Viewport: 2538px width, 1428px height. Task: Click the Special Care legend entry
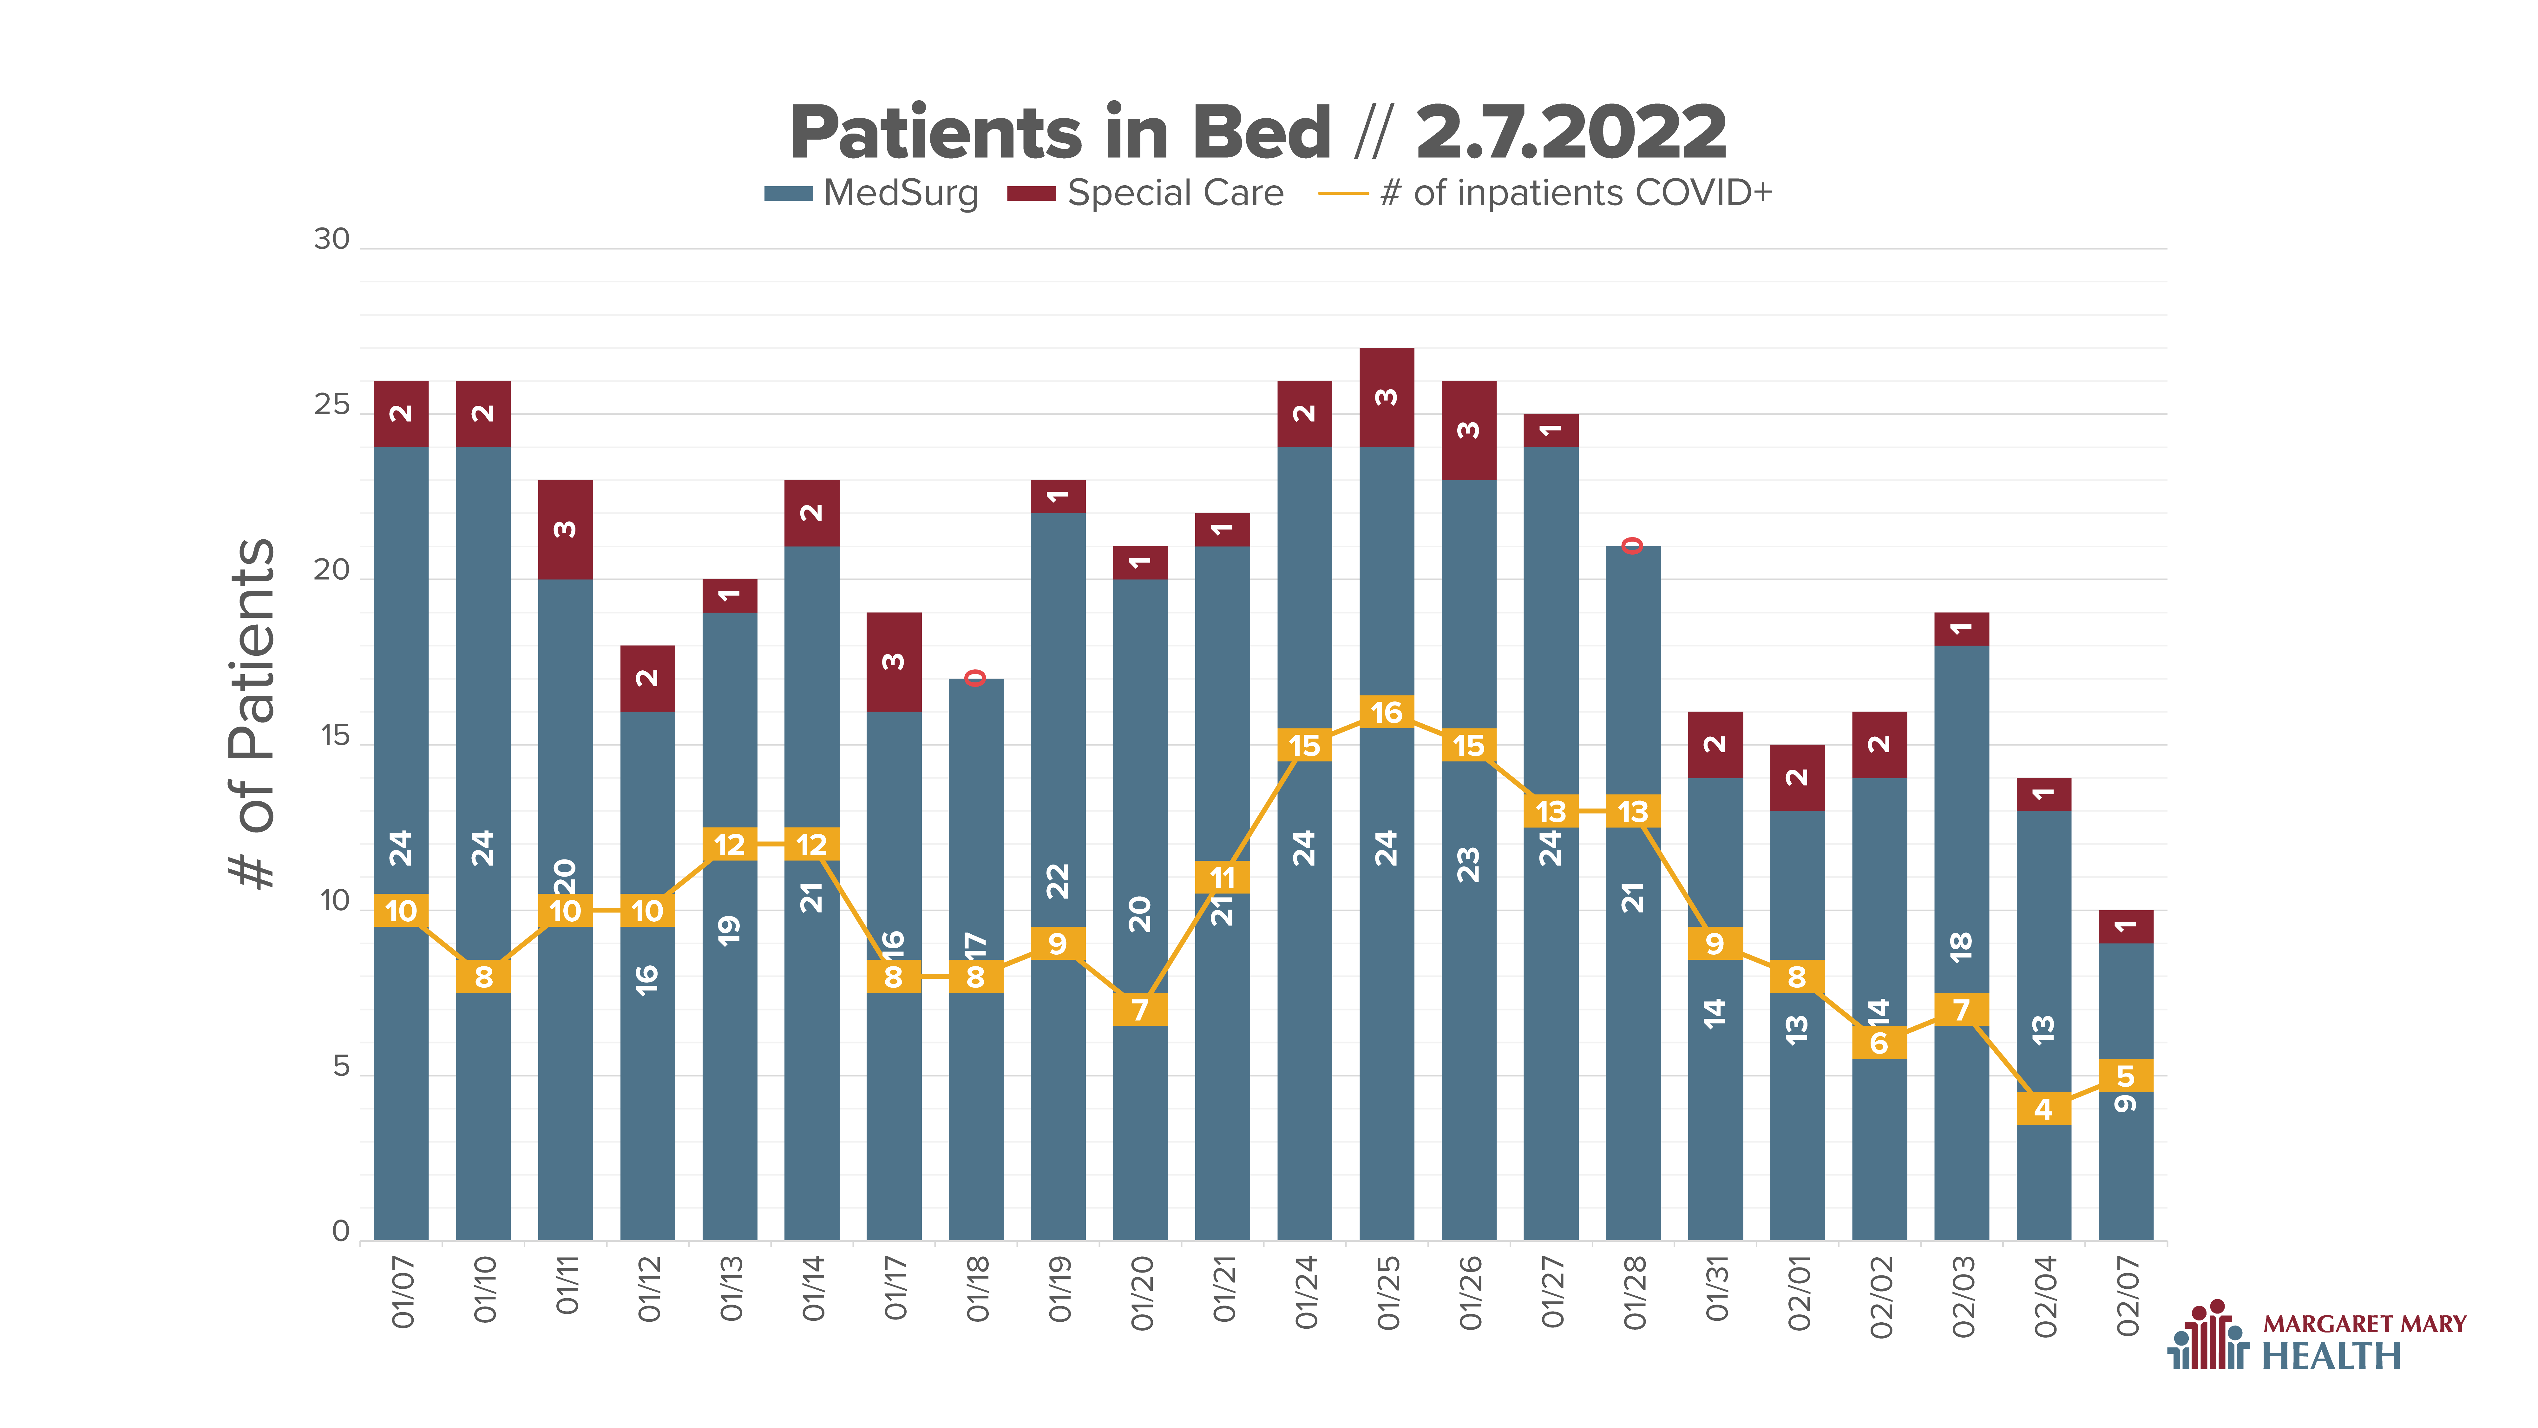tap(1145, 193)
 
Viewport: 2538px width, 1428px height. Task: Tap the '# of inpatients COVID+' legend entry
tap(1545, 193)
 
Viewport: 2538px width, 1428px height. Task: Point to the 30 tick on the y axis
tap(332, 240)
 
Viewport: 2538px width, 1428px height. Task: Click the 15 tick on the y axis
tap(335, 736)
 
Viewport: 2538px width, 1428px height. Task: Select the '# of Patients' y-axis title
tap(252, 714)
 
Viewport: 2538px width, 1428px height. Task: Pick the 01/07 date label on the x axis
tap(402, 1292)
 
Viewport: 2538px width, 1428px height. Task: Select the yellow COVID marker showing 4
tap(2043, 1109)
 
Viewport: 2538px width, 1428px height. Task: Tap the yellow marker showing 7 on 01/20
tap(1140, 1009)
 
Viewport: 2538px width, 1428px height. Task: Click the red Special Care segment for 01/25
tap(1386, 397)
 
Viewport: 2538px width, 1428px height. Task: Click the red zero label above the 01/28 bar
tap(1633, 545)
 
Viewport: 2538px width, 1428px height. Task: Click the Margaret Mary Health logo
tap(2315, 1335)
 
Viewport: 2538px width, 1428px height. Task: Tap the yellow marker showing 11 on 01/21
tap(1222, 877)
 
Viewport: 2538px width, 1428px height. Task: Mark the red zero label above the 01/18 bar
tap(975, 677)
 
